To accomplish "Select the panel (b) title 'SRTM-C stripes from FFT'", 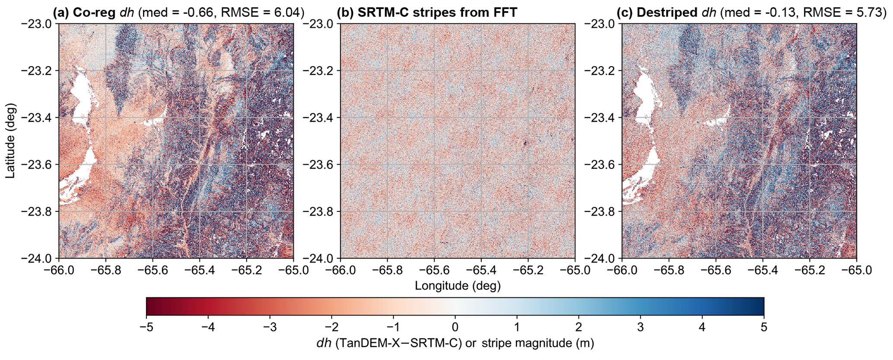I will point(427,12).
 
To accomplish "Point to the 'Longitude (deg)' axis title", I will point(458,286).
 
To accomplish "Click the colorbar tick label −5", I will point(146,327).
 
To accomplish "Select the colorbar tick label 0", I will point(455,327).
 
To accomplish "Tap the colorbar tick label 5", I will point(764,327).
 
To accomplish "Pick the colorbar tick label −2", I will point(331,327).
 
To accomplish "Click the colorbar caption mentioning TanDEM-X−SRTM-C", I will point(455,344).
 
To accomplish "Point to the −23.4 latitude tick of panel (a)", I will point(36,118).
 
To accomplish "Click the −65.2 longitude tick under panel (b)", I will point(528,271).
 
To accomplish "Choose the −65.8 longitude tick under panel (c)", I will point(668,271).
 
